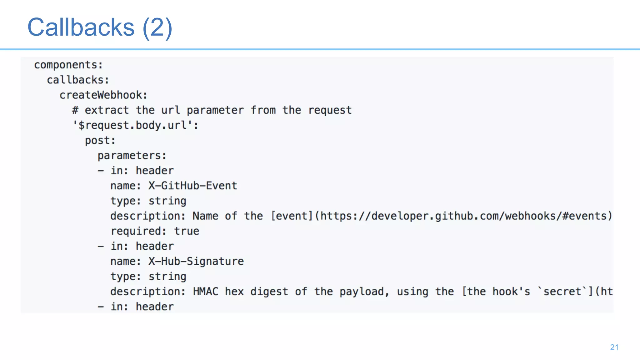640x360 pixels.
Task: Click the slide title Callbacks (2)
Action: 100,27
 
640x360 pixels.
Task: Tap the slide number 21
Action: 614,347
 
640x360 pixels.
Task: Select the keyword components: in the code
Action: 68,65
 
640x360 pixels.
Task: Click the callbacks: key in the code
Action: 78,80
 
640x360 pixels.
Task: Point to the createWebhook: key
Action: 103,95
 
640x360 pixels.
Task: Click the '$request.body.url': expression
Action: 135,125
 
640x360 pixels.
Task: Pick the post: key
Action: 100,140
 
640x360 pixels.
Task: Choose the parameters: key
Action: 132,156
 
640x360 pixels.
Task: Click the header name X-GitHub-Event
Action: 192,186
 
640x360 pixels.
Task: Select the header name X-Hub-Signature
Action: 196,261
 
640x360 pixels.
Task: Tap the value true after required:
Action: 187,231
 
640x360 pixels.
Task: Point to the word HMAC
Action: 205,292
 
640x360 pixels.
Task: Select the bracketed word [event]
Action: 292,216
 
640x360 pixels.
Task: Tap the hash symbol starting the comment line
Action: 75,110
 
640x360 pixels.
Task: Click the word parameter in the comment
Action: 215,110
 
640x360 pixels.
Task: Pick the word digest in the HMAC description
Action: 269,292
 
